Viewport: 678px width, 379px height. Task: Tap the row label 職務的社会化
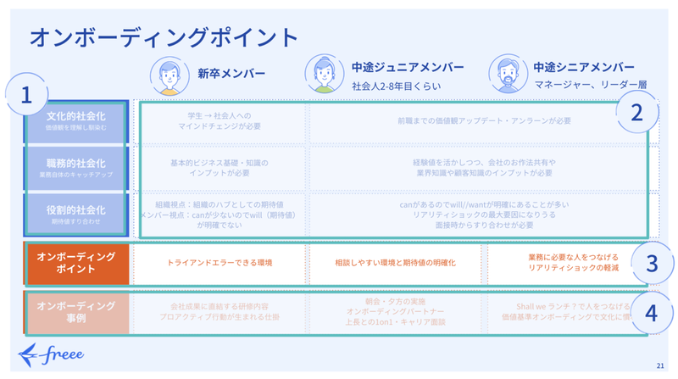(x=75, y=165)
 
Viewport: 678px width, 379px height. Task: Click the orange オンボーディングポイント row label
(x=75, y=263)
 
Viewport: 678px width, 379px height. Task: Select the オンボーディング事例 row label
(x=75, y=311)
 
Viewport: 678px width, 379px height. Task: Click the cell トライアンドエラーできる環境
(x=220, y=263)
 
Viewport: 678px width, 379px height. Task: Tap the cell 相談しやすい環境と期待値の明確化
(x=396, y=263)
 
